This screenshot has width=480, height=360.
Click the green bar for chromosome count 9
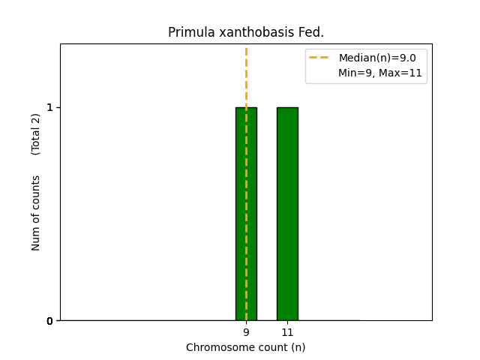(x=246, y=214)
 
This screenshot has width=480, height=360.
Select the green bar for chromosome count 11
(x=287, y=214)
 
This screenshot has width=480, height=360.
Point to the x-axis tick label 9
(x=246, y=332)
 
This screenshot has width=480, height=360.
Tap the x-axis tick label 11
(x=287, y=332)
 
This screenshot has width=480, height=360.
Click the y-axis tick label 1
(x=50, y=107)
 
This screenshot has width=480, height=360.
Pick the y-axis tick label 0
(x=50, y=321)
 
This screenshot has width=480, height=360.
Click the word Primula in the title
(x=188, y=32)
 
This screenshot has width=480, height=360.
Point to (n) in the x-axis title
(x=298, y=347)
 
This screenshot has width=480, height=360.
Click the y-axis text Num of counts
(x=36, y=213)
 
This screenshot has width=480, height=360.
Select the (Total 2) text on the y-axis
(x=36, y=134)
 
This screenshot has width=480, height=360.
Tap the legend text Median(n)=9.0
(x=377, y=58)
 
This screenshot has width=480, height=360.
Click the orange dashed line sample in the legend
(x=322, y=58)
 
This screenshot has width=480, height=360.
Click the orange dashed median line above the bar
(x=246, y=75)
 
